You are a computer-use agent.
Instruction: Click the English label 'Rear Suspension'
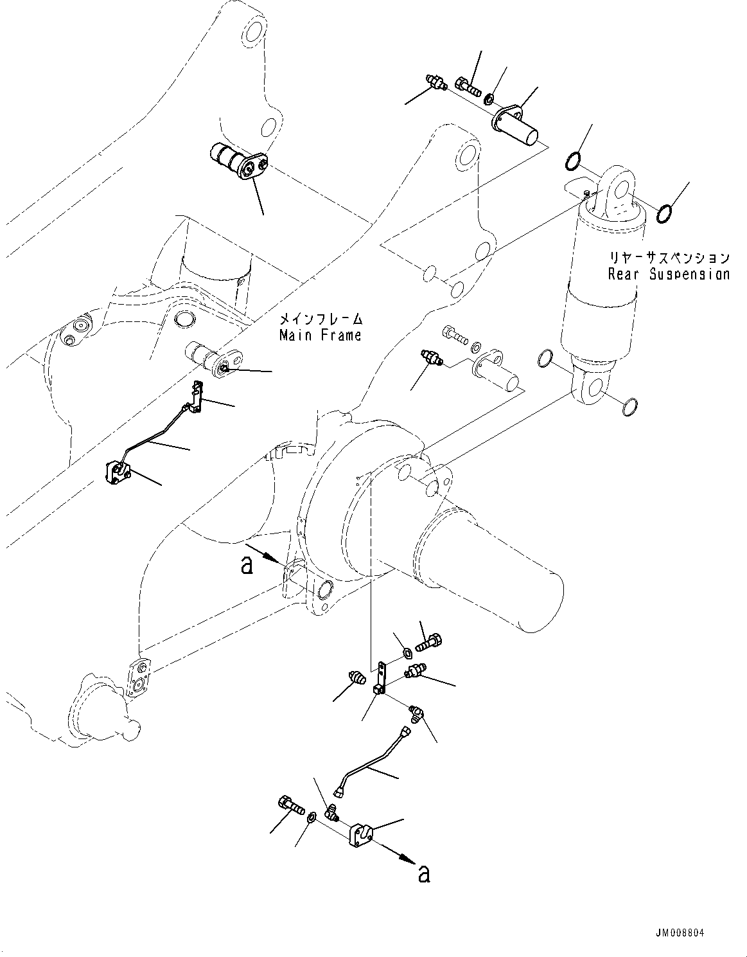click(669, 274)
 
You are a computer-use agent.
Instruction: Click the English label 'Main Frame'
click(320, 335)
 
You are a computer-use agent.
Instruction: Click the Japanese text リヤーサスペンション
click(669, 258)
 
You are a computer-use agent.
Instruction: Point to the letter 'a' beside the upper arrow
click(246, 565)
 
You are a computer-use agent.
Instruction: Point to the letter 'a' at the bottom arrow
click(424, 873)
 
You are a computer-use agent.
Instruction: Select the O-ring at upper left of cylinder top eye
click(575, 161)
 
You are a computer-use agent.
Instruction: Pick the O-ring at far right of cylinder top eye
click(665, 213)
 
